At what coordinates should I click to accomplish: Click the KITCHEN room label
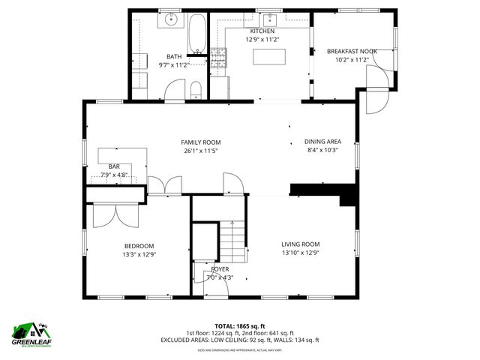[262, 31]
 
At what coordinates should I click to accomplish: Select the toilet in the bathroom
[196, 91]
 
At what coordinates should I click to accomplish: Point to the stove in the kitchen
[218, 58]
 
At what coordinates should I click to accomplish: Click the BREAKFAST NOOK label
[352, 51]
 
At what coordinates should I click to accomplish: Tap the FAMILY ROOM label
[200, 142]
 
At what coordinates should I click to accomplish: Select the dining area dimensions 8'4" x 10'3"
[322, 150]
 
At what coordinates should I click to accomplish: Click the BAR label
[114, 166]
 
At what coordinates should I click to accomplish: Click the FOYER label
[220, 268]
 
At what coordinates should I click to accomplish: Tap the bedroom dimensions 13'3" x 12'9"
[139, 254]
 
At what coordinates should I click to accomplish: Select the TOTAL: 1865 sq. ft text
[239, 325]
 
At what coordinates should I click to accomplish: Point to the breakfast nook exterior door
[375, 88]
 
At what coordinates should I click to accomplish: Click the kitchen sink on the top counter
[269, 20]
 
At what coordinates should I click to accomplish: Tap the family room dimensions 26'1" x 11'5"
[200, 150]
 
